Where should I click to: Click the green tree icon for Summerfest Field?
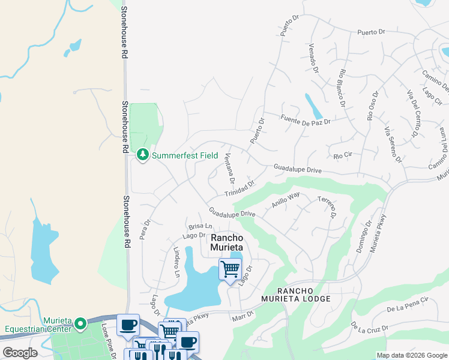(x=143, y=155)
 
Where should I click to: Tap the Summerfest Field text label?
(x=185, y=155)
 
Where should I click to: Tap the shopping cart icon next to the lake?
(x=230, y=269)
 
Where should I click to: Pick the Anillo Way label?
(x=286, y=199)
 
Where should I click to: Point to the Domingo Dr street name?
(x=364, y=236)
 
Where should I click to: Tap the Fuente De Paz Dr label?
(x=305, y=119)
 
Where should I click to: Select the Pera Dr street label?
(x=144, y=229)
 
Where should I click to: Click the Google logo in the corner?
(x=20, y=353)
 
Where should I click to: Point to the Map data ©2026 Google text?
(x=411, y=355)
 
